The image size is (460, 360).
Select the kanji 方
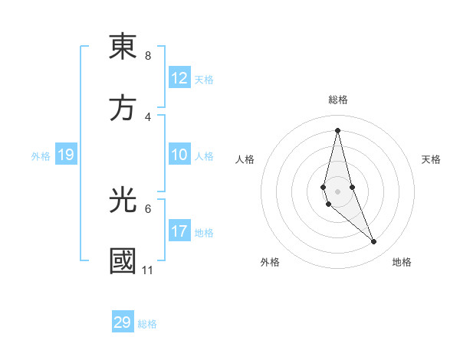123,107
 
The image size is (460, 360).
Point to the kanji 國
123,260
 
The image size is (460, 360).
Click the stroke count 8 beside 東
147,56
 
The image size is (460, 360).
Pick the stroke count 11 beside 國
147,270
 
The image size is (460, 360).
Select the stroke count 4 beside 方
147,117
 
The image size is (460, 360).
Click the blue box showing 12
179,78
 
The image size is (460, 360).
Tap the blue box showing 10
179,155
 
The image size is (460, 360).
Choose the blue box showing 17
179,231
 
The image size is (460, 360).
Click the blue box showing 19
66,155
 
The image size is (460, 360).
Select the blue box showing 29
123,322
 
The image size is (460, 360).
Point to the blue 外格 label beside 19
41,156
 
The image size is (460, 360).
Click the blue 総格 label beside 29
147,324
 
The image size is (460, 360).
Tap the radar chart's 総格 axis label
337,100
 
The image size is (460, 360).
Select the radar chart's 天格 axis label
432,159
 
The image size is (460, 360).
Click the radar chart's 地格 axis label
402,262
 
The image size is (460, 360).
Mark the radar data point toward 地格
374,242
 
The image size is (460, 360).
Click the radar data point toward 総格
337,130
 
